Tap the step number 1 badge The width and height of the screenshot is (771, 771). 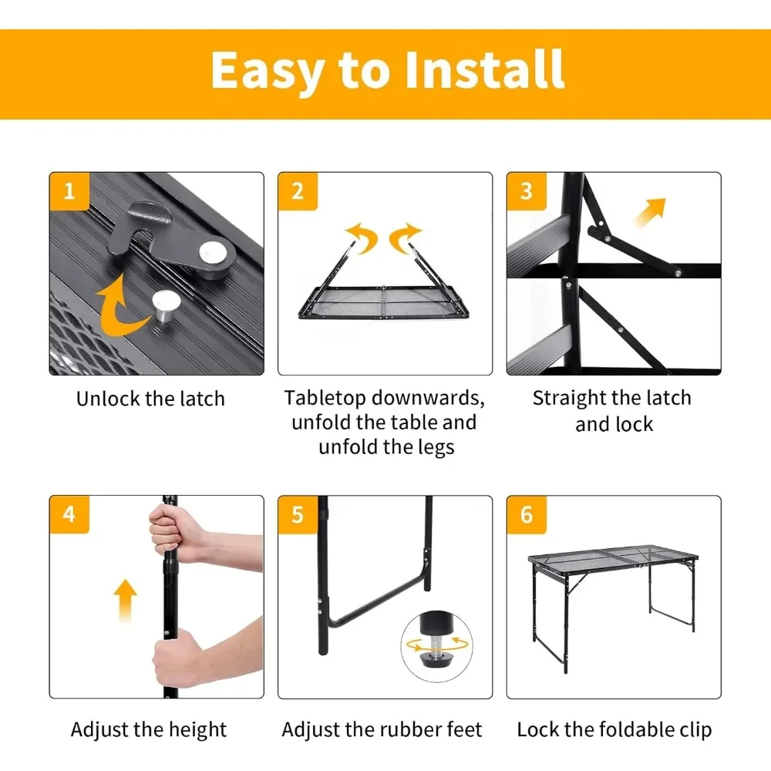69,191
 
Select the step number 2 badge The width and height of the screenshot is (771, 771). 298,191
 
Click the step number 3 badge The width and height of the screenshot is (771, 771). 527,191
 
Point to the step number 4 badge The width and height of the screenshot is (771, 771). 69,514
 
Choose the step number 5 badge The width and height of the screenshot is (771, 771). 298,514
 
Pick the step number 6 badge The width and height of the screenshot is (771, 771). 527,514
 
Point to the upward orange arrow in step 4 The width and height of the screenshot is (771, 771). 125,601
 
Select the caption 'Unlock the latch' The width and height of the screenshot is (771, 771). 150,399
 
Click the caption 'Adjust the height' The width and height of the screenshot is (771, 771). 149,729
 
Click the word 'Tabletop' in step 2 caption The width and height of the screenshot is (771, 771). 326,399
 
